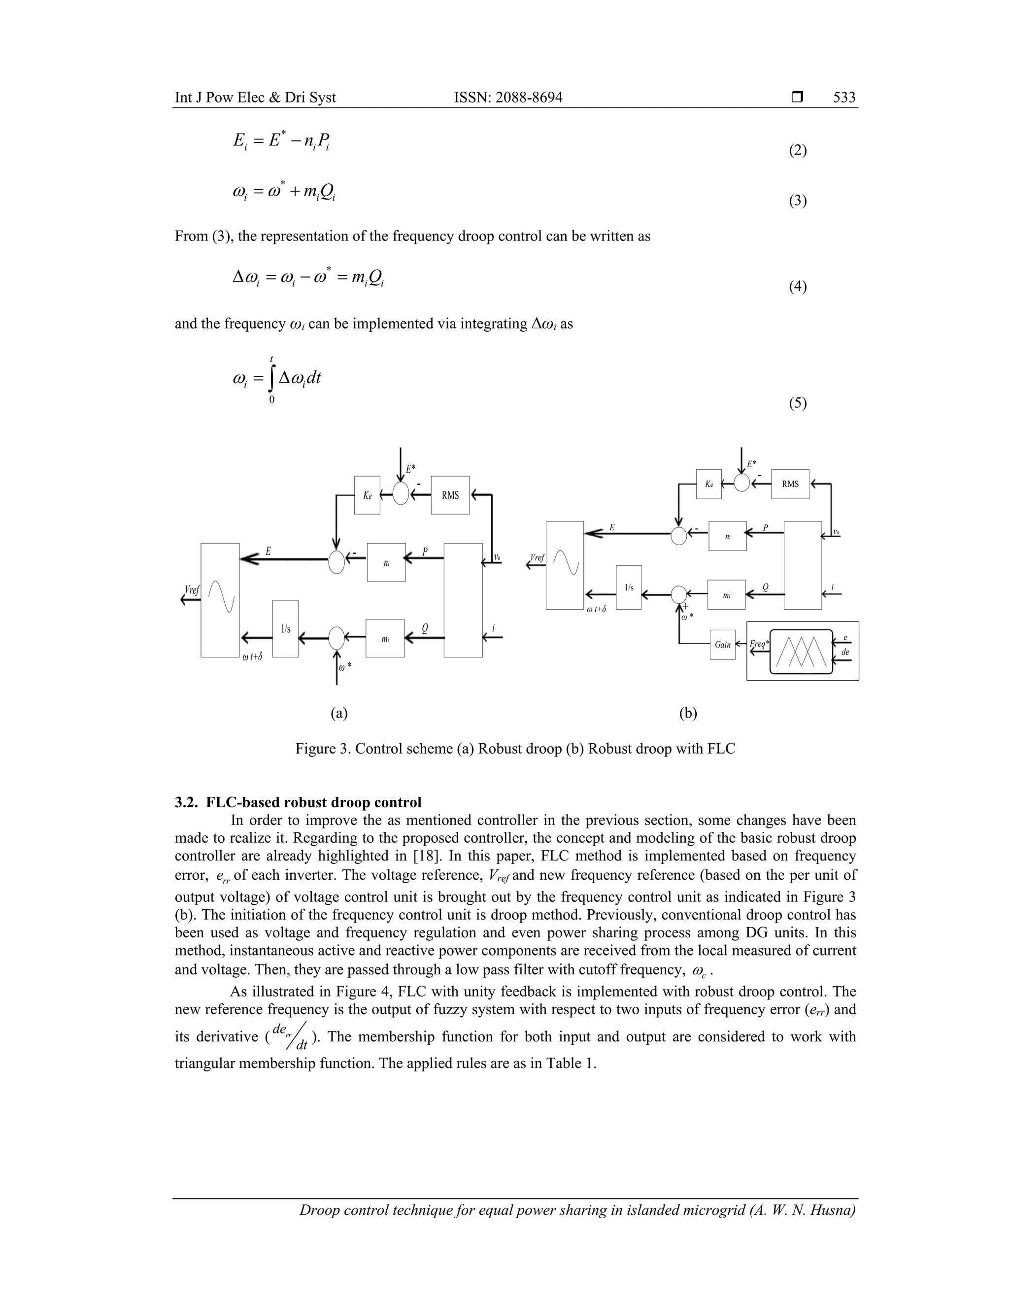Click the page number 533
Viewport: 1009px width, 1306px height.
tap(844, 98)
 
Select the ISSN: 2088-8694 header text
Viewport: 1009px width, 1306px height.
tap(508, 98)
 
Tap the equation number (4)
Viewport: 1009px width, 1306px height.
tap(798, 286)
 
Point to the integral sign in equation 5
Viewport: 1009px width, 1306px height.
tap(271, 378)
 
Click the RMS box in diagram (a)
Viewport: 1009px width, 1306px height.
tap(450, 495)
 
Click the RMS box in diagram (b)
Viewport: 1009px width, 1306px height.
tap(790, 484)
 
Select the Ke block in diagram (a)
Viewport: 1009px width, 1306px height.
tap(367, 495)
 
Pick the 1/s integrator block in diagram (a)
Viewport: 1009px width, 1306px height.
tap(286, 628)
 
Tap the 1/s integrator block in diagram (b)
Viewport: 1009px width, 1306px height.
tap(629, 587)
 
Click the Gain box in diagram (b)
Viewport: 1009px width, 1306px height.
tap(723, 645)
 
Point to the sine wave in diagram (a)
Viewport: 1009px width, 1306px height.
tap(220, 598)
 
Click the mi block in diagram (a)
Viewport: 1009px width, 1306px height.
tap(386, 639)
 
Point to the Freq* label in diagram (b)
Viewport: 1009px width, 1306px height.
tap(759, 644)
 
